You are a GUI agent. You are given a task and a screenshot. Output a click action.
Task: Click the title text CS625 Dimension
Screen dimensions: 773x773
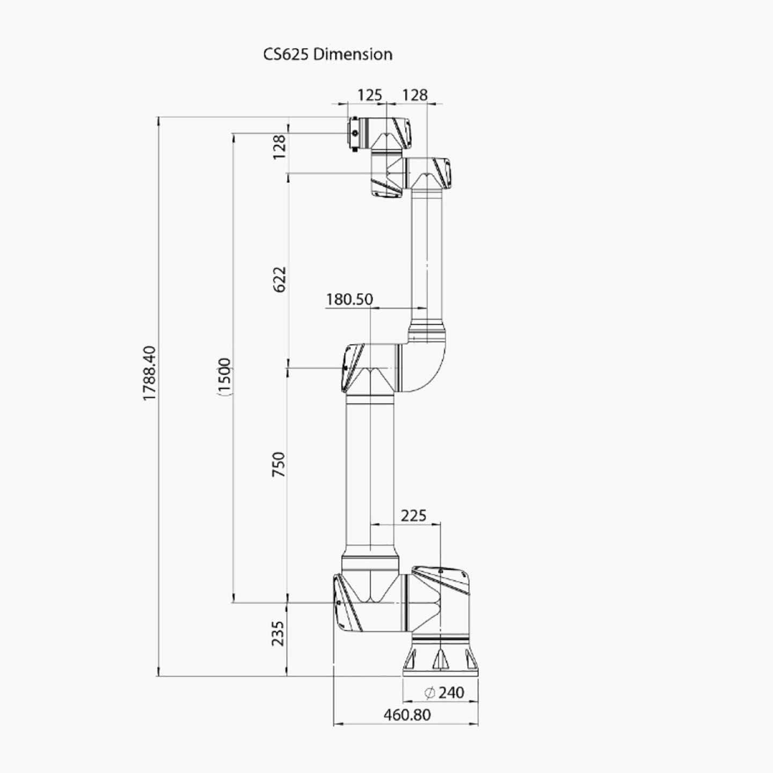(327, 54)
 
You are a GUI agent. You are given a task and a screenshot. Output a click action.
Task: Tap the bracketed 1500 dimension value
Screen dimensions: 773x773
(224, 375)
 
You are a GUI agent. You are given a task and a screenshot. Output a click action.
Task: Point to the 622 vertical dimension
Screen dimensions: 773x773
(280, 279)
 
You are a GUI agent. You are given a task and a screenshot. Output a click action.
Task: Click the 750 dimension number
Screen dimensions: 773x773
(279, 464)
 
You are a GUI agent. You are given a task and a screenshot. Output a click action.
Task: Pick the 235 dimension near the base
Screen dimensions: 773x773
(278, 633)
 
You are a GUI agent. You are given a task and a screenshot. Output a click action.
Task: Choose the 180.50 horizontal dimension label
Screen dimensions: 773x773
(349, 299)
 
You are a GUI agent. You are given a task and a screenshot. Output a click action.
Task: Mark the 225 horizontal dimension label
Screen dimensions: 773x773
(413, 515)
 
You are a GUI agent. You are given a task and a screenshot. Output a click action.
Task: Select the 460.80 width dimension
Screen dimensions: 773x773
(407, 715)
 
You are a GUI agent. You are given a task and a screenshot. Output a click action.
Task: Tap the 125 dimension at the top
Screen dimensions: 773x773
(369, 95)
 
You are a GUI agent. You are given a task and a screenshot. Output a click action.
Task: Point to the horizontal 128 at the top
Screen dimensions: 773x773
(414, 95)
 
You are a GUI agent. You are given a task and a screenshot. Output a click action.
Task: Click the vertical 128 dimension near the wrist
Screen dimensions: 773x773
(279, 147)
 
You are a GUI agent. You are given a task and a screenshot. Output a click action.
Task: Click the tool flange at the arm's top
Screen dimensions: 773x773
(354, 133)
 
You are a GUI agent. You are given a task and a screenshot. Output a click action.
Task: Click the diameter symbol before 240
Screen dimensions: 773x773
(429, 693)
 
